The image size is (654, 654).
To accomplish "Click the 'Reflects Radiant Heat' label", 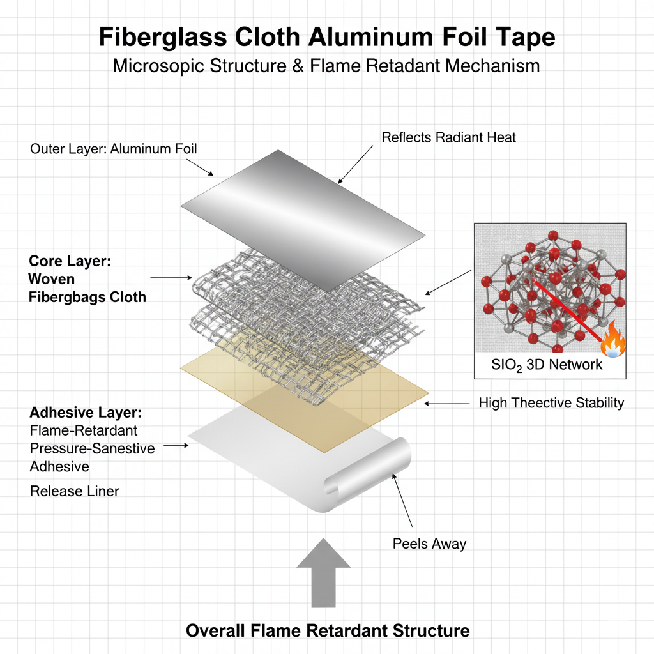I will tap(448, 137).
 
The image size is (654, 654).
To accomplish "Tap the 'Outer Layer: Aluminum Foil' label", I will tap(114, 149).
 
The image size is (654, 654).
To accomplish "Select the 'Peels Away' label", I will tap(429, 544).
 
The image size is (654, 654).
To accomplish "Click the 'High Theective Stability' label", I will tap(551, 403).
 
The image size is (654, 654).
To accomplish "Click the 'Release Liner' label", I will tap(74, 491).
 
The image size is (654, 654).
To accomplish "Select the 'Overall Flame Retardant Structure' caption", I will tap(328, 631).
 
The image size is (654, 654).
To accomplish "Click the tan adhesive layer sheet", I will tap(358, 409).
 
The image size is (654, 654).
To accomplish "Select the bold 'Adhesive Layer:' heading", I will tap(86, 413).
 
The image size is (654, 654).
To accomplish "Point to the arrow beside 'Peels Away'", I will tap(402, 505).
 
